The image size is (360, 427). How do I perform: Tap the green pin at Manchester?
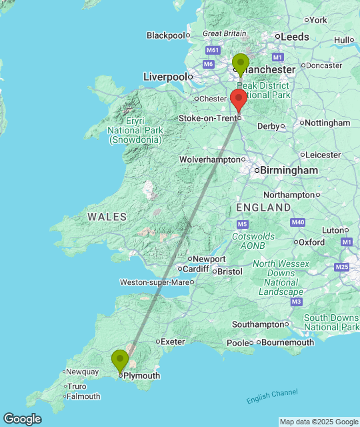[x=241, y=65]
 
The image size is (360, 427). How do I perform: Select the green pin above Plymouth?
[x=120, y=361]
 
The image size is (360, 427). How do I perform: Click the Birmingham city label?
[x=289, y=171]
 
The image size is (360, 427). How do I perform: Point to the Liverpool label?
[x=165, y=77]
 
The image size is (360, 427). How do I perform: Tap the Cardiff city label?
[x=196, y=269]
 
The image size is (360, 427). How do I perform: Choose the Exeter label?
[x=173, y=342]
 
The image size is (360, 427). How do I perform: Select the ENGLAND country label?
[x=263, y=207]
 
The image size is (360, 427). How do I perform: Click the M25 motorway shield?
[x=343, y=267]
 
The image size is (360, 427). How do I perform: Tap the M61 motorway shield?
[x=213, y=51]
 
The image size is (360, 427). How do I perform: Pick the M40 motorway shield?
[x=298, y=222]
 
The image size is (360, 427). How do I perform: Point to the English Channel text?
[x=272, y=396]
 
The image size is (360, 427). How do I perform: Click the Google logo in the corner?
[x=21, y=419]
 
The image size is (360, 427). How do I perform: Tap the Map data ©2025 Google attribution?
[x=318, y=422]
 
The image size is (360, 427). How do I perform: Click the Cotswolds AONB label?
[x=253, y=241]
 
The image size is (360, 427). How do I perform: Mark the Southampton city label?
[x=257, y=324]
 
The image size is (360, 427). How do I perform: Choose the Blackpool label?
[x=165, y=35]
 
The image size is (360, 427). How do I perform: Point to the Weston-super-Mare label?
[x=154, y=282]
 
